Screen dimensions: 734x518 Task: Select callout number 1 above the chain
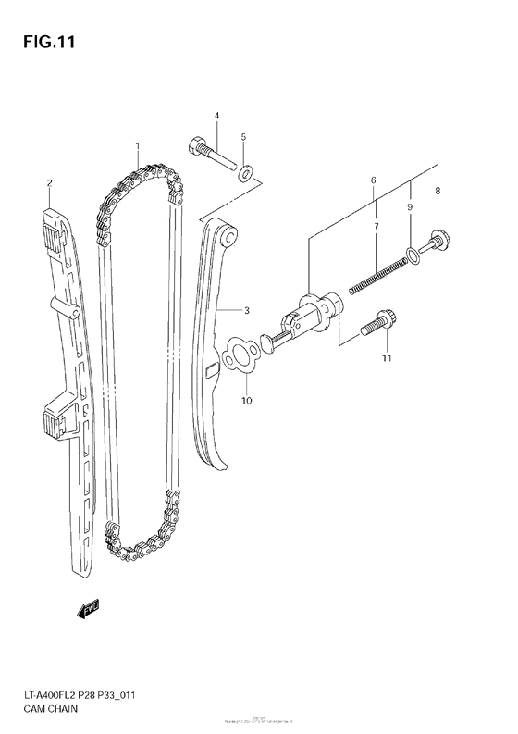tap(137, 146)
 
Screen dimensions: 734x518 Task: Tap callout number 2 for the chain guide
tap(49, 183)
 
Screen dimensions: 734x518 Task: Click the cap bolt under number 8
tap(438, 242)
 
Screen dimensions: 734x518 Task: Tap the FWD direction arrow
tap(88, 609)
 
